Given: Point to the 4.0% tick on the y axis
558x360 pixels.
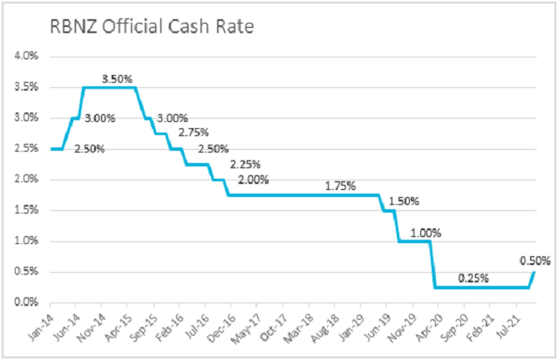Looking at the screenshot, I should point(26,57).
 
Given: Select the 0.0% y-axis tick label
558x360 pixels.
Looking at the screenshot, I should point(26,302).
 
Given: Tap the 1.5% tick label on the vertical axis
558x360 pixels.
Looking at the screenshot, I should point(26,210).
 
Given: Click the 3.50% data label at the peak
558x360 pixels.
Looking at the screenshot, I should point(119,78).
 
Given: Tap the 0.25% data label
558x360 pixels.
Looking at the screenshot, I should point(472,278).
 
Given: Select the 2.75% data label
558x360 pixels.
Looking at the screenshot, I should point(194,132).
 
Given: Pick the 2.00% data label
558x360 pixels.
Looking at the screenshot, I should point(252,180).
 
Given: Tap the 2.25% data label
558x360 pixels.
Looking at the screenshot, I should point(246,165).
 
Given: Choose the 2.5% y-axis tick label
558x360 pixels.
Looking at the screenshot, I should point(26,149).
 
